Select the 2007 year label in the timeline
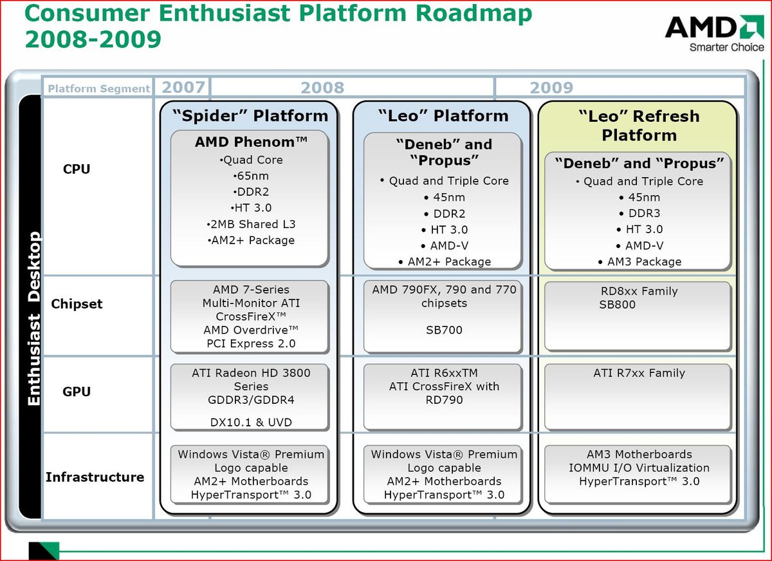click(x=183, y=87)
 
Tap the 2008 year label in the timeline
click(x=322, y=88)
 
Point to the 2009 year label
click(x=551, y=88)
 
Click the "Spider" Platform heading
click(x=250, y=116)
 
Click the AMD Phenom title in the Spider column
click(x=251, y=142)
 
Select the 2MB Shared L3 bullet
click(x=251, y=224)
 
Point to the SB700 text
click(x=444, y=330)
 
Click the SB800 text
click(x=617, y=305)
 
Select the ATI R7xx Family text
click(x=639, y=373)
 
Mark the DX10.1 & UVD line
click(x=251, y=423)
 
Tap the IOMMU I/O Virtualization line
click(x=639, y=468)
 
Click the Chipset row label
click(x=77, y=304)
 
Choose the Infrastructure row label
click(x=95, y=477)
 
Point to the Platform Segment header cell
click(x=98, y=89)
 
